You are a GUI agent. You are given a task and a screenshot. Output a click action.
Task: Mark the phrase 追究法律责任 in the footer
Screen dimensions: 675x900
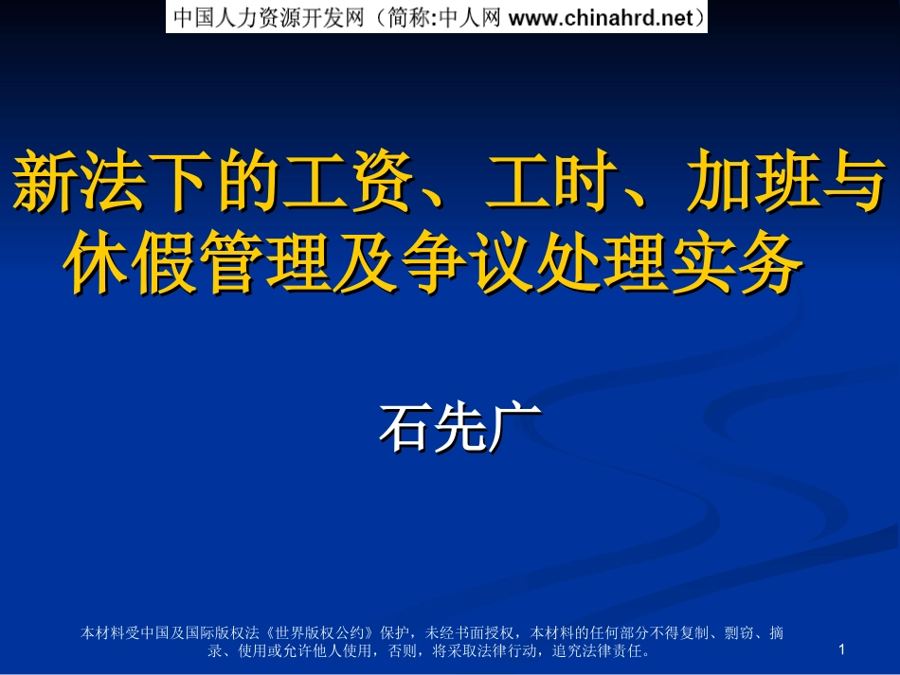click(598, 651)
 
